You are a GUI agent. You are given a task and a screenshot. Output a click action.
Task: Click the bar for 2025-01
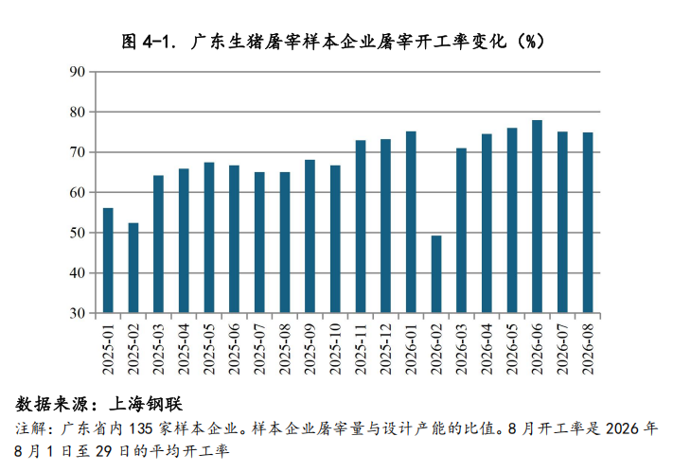tap(108, 260)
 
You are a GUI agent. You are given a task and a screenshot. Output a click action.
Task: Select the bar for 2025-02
tap(133, 268)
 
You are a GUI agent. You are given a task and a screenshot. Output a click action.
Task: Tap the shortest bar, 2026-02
tap(436, 274)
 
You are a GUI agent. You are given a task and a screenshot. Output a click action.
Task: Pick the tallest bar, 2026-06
tap(537, 217)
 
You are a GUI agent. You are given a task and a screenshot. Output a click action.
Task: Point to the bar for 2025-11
tap(361, 226)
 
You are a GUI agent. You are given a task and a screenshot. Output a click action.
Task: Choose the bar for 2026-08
tap(588, 222)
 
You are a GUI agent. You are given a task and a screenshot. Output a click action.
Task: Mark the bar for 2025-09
tap(310, 236)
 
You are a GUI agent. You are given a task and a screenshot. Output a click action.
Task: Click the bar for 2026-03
tap(461, 231)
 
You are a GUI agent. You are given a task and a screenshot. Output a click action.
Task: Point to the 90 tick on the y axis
tap(78, 72)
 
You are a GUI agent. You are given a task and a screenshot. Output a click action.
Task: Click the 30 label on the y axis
tap(78, 313)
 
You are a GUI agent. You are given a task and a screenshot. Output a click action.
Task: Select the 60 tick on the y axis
tap(78, 192)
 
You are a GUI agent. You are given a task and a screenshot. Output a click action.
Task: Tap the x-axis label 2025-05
tap(209, 349)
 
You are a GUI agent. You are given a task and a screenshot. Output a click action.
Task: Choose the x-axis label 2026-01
tap(411, 349)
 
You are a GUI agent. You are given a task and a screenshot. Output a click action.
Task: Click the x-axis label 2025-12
tap(386, 349)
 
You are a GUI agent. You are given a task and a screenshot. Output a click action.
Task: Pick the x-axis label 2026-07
tap(562, 349)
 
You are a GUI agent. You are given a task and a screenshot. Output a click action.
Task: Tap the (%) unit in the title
tap(530, 42)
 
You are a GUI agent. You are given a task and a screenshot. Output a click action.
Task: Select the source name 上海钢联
tap(147, 404)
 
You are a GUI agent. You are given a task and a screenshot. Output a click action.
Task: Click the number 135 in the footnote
tap(140, 428)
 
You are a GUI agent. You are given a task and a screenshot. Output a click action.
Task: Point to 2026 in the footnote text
tap(623, 428)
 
